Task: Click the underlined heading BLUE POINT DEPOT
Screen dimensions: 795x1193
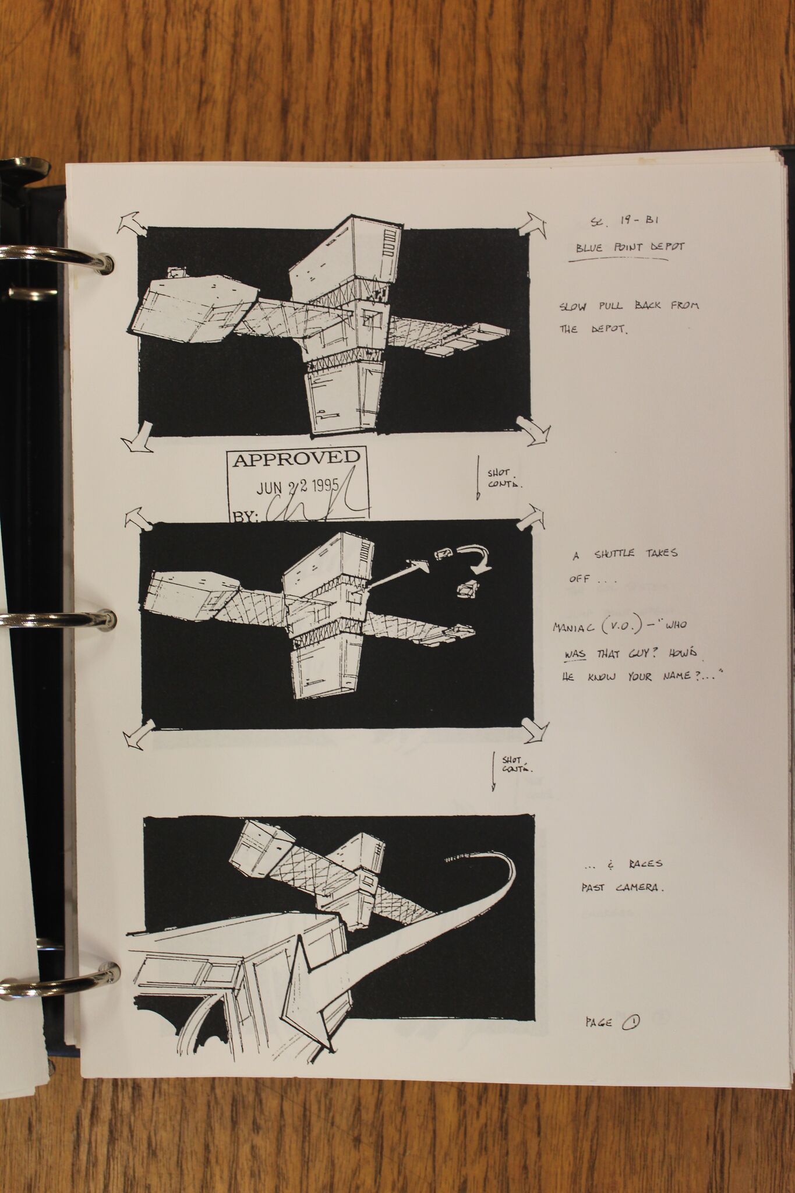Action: click(x=630, y=247)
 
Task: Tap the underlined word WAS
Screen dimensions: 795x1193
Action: click(x=575, y=654)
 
